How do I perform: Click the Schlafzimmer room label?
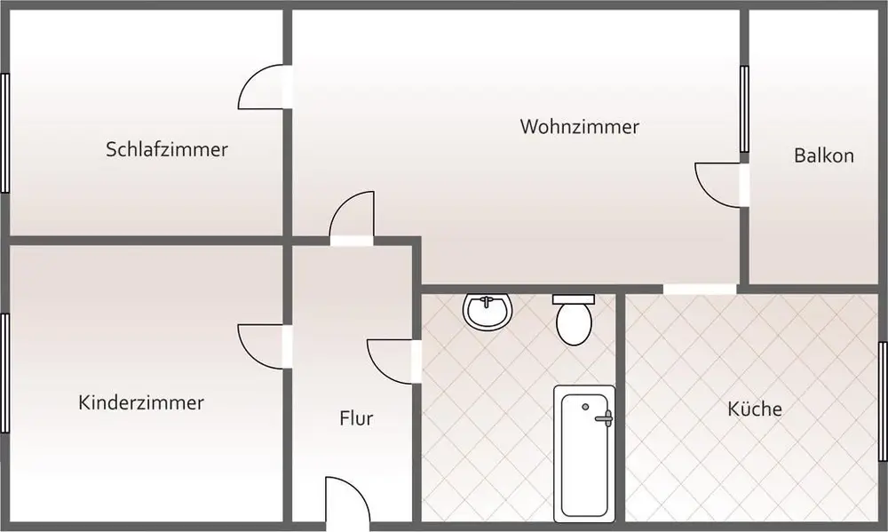167,149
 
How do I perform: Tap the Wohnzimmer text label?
579,127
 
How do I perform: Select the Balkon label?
823,156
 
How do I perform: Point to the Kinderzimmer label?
141,403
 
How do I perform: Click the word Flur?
356,418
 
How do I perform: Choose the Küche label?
755,409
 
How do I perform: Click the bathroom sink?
488,311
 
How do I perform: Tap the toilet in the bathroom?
574,322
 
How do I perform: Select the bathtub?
584,453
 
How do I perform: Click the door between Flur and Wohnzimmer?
352,217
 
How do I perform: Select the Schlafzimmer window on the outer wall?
4,133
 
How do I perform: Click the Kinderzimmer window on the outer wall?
4,373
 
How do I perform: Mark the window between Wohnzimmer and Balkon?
744,109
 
